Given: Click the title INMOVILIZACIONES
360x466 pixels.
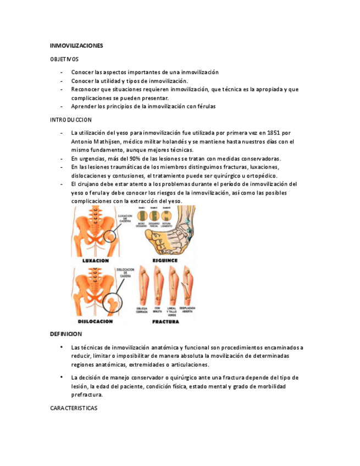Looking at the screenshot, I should [76, 46].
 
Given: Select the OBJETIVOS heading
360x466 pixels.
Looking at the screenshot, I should [64, 59].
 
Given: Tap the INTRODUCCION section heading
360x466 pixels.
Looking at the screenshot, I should [70, 119].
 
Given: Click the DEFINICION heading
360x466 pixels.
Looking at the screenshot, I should [65, 334].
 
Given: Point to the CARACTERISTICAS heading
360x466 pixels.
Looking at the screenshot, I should [74, 408].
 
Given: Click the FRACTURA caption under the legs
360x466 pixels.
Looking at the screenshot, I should [165, 321].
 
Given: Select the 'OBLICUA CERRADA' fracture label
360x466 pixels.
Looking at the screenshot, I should [143, 310].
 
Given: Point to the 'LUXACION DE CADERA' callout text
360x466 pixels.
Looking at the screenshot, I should [125, 219].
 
